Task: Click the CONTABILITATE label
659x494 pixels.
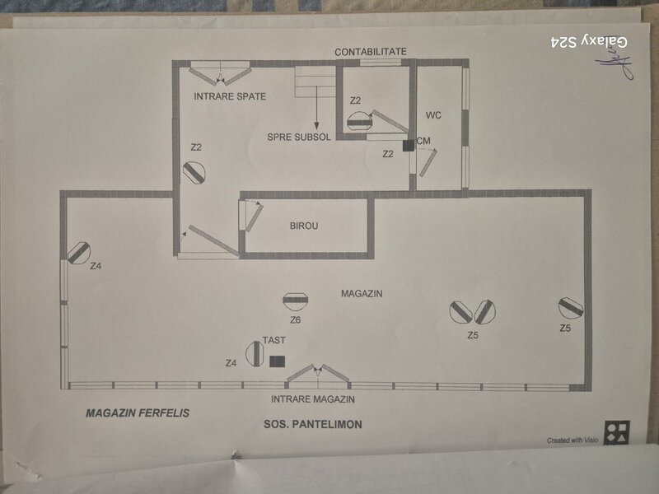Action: click(371, 52)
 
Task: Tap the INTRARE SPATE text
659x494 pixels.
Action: click(230, 96)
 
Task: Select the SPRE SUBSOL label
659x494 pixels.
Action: click(299, 137)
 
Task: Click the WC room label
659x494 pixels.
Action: click(433, 115)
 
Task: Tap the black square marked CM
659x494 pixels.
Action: click(408, 146)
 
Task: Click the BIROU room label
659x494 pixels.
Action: click(304, 226)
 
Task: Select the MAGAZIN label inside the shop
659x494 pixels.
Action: click(362, 294)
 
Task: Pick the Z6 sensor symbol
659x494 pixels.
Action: click(296, 301)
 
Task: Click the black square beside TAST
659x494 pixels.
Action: click(278, 361)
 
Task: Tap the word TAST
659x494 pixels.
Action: click(274, 340)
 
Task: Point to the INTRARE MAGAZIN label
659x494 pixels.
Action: click(313, 399)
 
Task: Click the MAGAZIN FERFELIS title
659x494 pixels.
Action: click(138, 413)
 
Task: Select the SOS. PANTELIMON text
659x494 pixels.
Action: click(313, 424)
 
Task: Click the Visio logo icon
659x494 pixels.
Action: click(616, 433)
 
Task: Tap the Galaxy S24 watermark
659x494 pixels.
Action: click(589, 42)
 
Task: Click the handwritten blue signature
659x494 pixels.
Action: click(614, 63)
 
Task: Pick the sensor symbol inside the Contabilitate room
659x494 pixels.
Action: click(360, 121)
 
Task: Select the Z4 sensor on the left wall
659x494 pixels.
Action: click(78, 254)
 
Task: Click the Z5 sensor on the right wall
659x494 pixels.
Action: click(571, 308)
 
